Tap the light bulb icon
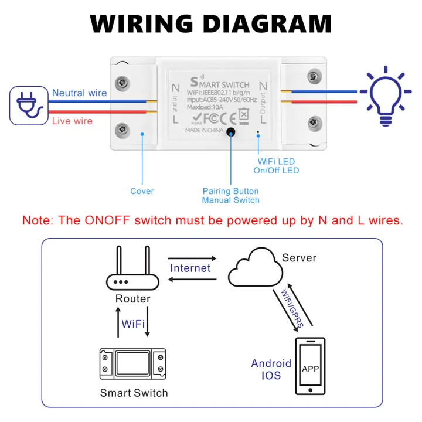[385, 96]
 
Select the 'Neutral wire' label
[79, 93]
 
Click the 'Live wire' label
[72, 121]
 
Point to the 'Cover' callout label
[142, 191]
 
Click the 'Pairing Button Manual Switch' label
[230, 196]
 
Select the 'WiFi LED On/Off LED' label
[278, 166]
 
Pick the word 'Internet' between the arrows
[190, 268]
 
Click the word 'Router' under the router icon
[132, 299]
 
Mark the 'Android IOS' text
[271, 369]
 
